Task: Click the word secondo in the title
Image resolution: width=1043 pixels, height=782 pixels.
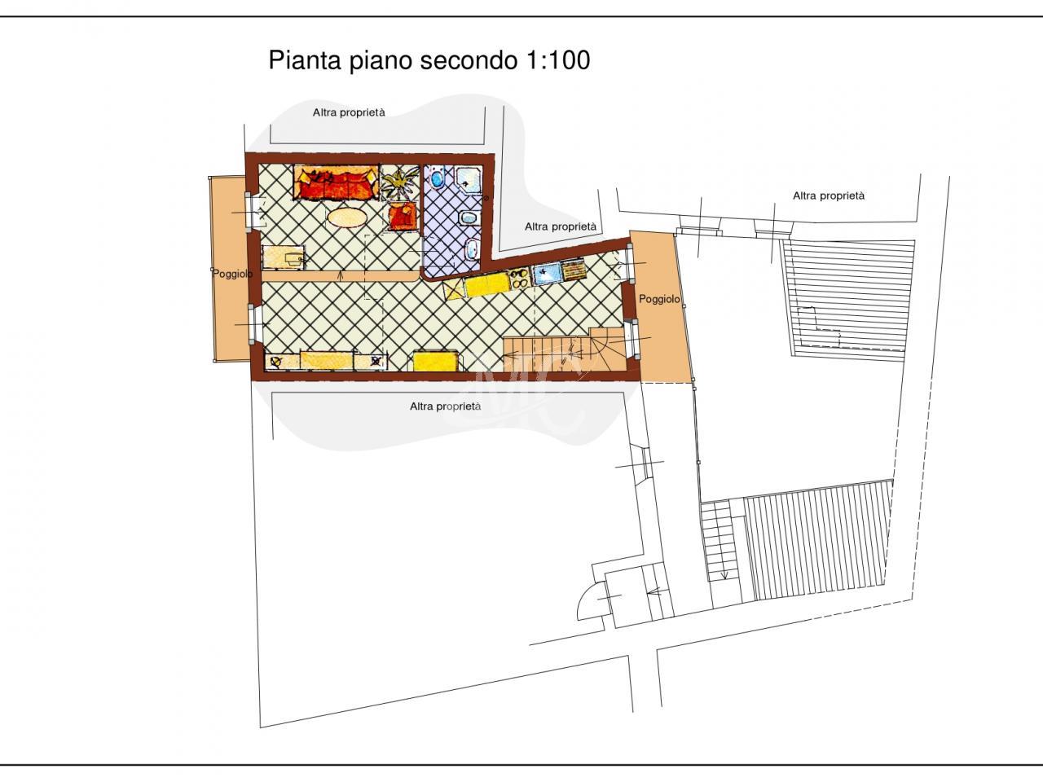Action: pos(470,60)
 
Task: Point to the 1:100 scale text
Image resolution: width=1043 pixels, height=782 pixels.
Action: pos(559,60)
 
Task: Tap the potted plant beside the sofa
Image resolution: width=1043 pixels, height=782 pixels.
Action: pos(398,183)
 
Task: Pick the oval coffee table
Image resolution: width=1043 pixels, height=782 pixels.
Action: pos(347,218)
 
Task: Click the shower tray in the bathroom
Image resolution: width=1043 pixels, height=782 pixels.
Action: pos(468,182)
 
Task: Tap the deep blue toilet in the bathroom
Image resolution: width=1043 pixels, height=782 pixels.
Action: pos(436,178)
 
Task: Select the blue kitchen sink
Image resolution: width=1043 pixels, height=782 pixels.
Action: pos(547,274)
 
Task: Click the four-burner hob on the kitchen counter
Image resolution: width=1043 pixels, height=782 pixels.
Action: pos(520,277)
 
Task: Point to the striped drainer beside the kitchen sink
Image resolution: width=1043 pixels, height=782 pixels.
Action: pos(574,270)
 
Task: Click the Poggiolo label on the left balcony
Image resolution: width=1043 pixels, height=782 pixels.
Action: pos(232,274)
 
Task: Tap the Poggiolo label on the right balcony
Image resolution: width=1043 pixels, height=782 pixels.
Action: pos(659,299)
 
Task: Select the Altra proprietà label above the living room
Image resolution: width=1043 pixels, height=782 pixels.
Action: pos(349,112)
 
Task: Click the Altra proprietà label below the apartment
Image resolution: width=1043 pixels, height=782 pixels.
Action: pos(445,406)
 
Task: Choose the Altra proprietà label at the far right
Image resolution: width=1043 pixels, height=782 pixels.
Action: pos(829,195)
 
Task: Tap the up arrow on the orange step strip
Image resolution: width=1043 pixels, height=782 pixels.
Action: pos(341,275)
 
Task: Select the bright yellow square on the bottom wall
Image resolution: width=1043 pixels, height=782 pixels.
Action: pos(436,360)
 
